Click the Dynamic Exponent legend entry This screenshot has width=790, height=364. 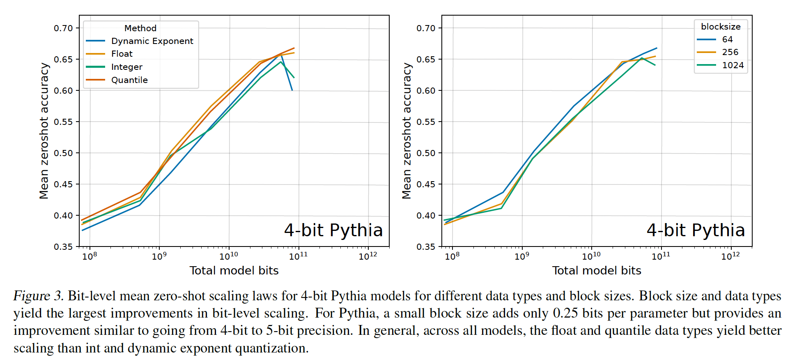click(x=152, y=41)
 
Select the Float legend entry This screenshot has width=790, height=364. click(x=122, y=54)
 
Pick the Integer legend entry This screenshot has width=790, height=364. click(x=126, y=67)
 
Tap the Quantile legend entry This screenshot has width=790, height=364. click(x=129, y=80)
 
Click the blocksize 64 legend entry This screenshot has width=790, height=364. click(x=727, y=39)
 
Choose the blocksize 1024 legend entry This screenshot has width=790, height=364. click(x=733, y=65)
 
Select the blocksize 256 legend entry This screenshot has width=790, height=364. click(x=730, y=52)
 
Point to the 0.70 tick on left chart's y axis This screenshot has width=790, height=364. click(x=63, y=28)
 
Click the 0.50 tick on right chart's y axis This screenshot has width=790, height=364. click(x=426, y=153)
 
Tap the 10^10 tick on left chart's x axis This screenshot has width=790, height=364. click(x=229, y=256)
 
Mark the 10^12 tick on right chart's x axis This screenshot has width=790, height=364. click(x=730, y=256)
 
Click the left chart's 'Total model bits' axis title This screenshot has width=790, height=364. click(x=234, y=270)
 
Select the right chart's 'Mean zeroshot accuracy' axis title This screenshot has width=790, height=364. click(x=406, y=131)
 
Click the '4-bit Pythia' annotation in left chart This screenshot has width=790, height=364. click(x=333, y=230)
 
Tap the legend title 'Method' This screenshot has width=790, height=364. click(x=140, y=28)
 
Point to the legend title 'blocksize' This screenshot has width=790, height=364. click(x=721, y=27)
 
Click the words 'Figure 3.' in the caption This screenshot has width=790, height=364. click(x=38, y=296)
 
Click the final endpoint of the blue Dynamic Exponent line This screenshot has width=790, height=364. click(x=292, y=90)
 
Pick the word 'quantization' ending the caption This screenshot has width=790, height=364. click(x=271, y=348)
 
